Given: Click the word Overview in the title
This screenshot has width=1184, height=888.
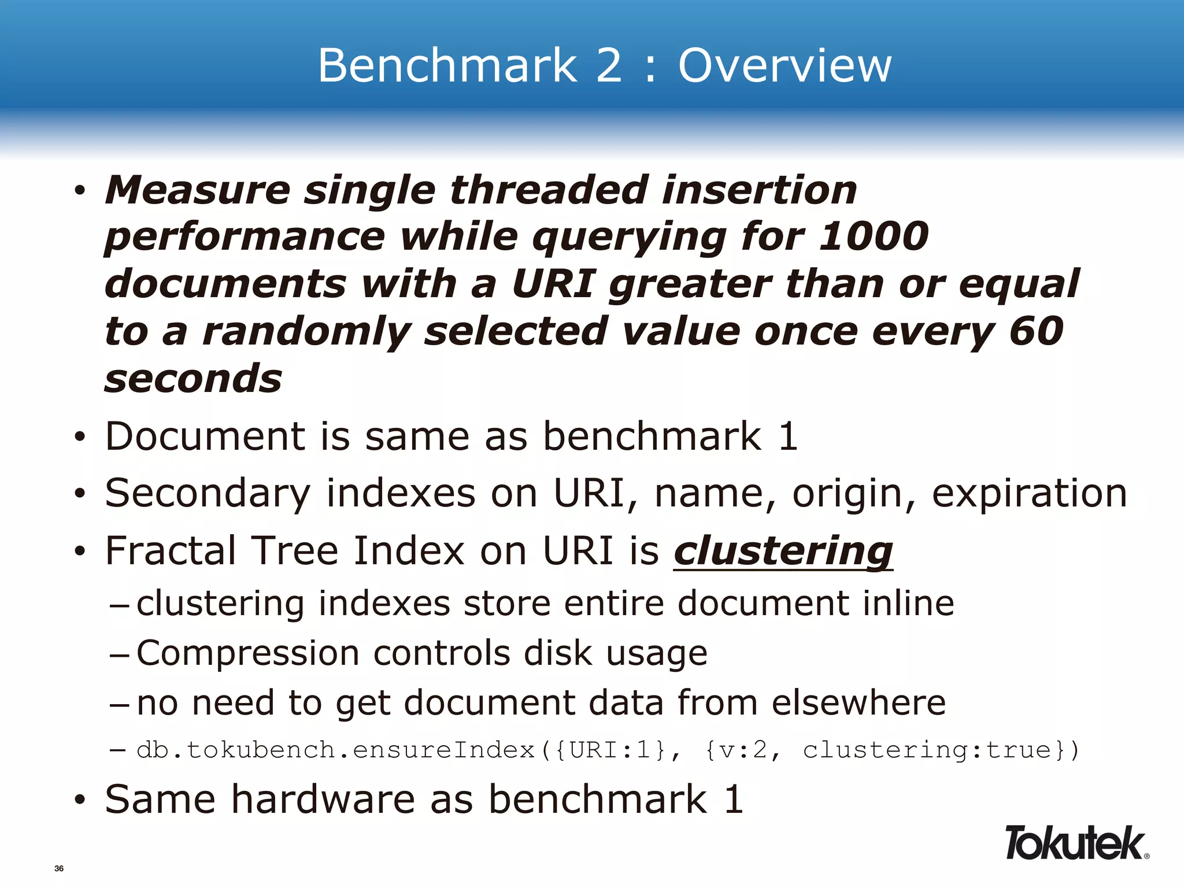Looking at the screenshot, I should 785,65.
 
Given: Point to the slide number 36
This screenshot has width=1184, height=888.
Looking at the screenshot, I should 59,868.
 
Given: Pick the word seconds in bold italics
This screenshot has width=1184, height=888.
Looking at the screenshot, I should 193,379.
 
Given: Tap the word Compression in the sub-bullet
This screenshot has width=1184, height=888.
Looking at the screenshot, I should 247,653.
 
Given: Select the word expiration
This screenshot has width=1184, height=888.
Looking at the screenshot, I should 1029,494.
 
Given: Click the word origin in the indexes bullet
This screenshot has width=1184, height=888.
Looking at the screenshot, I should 853,495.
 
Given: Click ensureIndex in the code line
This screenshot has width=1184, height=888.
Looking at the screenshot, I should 443,750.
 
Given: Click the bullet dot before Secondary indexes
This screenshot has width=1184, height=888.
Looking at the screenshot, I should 80,495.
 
